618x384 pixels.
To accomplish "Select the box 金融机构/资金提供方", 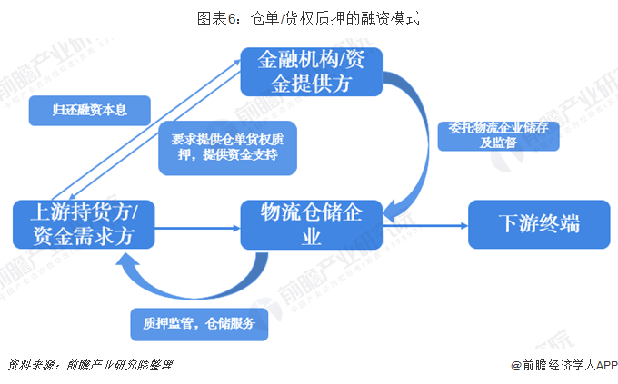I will [x=311, y=72].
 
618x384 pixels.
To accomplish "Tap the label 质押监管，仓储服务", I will [x=198, y=323].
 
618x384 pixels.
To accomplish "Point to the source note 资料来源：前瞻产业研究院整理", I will [x=90, y=365].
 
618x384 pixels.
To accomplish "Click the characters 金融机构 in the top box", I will [x=292, y=60].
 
